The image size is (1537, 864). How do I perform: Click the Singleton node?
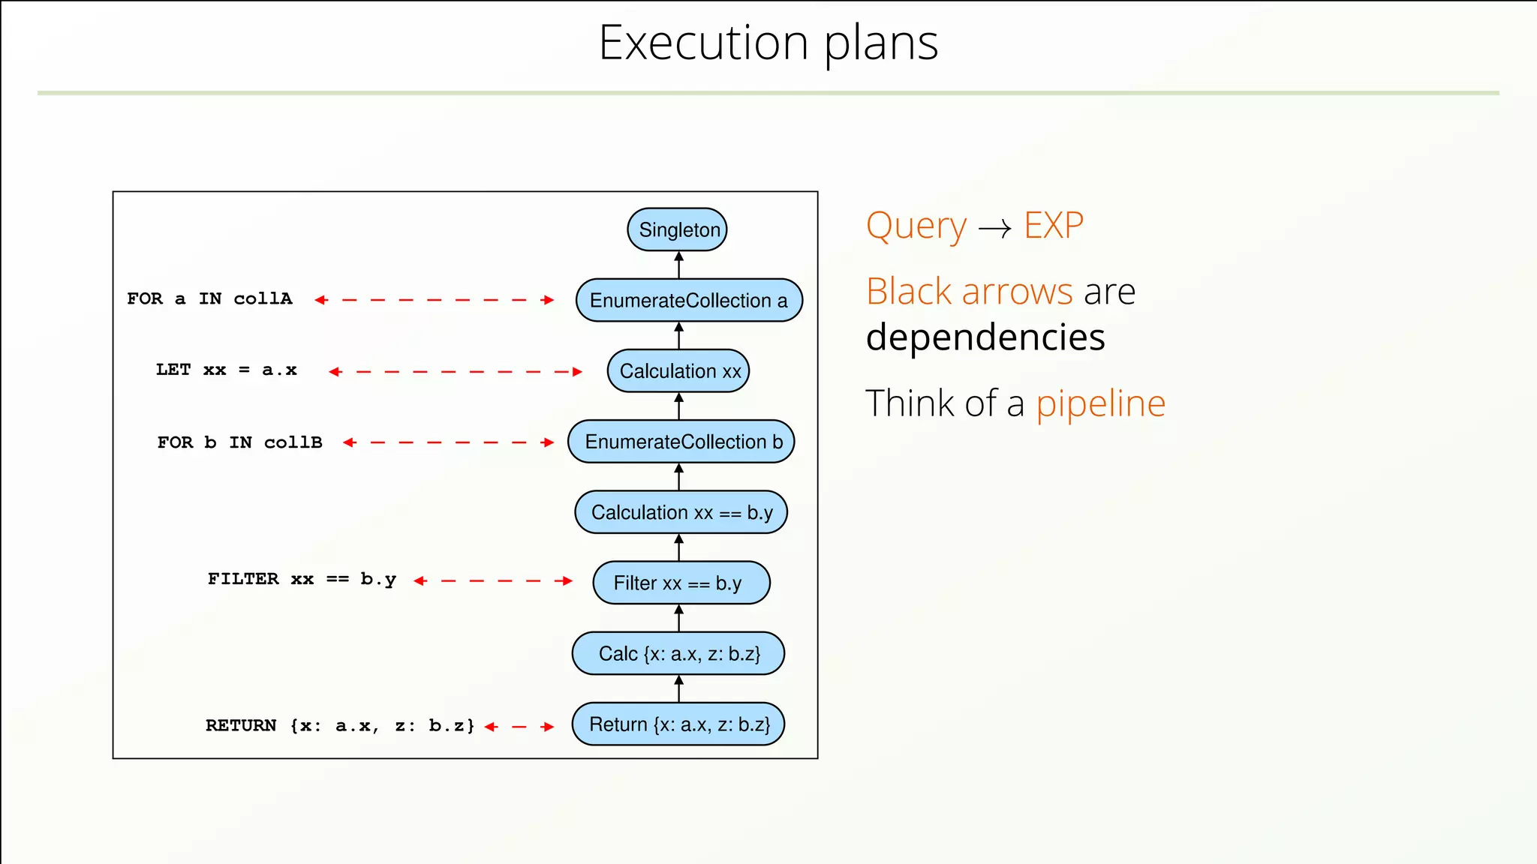tap(677, 229)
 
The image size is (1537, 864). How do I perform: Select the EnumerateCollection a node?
tap(688, 300)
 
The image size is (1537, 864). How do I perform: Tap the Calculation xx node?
tap(678, 370)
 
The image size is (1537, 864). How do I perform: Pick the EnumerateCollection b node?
tap(681, 442)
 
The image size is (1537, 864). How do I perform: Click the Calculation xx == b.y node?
tap(681, 512)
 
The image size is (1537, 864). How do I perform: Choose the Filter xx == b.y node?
tap(681, 583)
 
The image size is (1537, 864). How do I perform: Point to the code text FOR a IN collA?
tap(209, 298)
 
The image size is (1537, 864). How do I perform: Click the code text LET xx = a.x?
tap(226, 370)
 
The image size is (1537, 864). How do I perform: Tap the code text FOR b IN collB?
tap(239, 442)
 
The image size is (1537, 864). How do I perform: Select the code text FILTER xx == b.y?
tap(302, 579)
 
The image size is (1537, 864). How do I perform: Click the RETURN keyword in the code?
tap(241, 725)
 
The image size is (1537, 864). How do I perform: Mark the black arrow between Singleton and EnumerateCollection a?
tap(678, 265)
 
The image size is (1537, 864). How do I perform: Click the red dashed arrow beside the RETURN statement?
tap(519, 727)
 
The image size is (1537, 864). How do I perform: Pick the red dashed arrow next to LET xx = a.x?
tap(456, 371)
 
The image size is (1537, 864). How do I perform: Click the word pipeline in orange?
tap(1100, 405)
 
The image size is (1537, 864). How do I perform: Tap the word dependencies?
tap(985, 337)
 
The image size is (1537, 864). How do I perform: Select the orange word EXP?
tap(1054, 226)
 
